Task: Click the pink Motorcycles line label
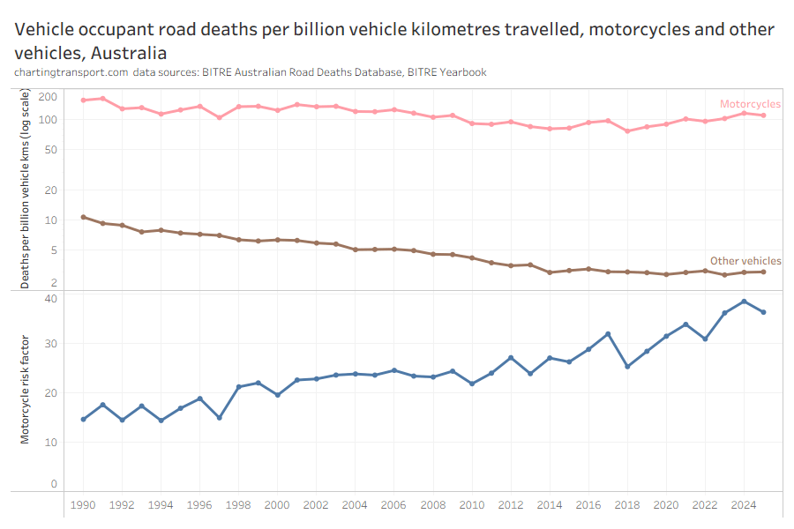pyautogui.click(x=750, y=104)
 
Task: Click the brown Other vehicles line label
pyautogui.click(x=745, y=261)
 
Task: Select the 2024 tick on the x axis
pyautogui.click(x=744, y=505)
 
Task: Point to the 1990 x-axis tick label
pyautogui.click(x=83, y=505)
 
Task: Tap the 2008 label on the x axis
pyautogui.click(x=432, y=505)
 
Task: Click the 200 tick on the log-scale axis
pyautogui.click(x=49, y=96)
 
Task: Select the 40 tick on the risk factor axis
pyautogui.click(x=51, y=298)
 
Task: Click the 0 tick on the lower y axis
pyautogui.click(x=54, y=484)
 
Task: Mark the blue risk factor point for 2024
pyautogui.click(x=744, y=302)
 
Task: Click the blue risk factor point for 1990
pyautogui.click(x=83, y=419)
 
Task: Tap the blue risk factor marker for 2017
pyautogui.click(x=608, y=334)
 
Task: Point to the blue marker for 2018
pyautogui.click(x=627, y=366)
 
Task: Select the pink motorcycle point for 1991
pyautogui.click(x=102, y=99)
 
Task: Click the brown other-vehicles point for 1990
pyautogui.click(x=83, y=217)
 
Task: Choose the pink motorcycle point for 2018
pyautogui.click(x=627, y=130)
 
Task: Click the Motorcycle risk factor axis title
pyautogui.click(x=26, y=389)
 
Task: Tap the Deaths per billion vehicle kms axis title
pyautogui.click(x=26, y=190)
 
